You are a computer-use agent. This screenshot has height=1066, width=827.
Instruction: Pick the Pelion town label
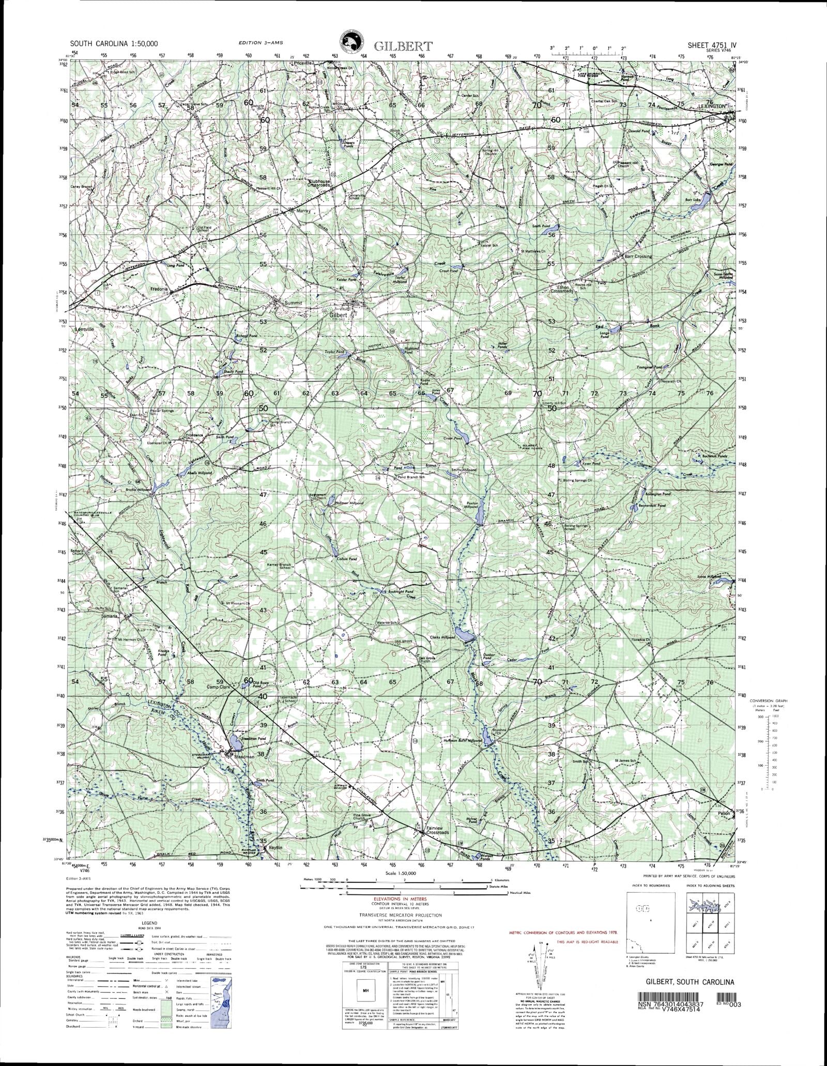pos(723,813)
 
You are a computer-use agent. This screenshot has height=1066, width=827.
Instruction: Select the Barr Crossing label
pos(638,256)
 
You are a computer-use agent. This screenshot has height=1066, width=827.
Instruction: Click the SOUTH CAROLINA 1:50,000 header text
pos(115,45)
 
